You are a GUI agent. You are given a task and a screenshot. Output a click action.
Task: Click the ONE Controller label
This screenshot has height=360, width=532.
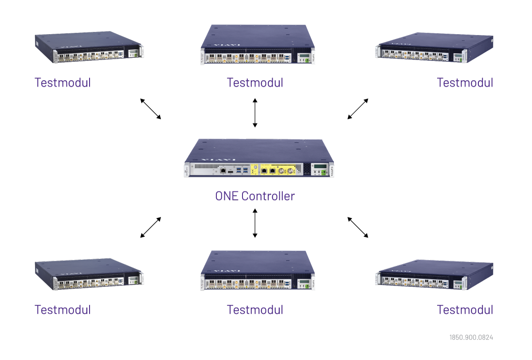[255, 196]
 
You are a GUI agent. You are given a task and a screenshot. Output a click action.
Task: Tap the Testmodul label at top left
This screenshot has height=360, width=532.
[63, 82]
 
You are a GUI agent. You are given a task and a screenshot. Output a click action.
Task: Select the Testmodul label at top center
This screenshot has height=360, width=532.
[255, 82]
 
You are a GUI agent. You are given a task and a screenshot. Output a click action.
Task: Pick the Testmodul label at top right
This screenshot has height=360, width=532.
[465, 82]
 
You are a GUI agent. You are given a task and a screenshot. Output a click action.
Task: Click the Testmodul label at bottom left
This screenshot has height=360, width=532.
[63, 309]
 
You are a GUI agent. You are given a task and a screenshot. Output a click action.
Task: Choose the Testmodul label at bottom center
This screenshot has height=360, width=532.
[255, 309]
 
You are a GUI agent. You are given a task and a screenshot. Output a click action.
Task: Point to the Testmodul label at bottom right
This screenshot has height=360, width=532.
[465, 309]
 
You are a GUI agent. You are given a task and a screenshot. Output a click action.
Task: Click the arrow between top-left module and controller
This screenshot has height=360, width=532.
[151, 109]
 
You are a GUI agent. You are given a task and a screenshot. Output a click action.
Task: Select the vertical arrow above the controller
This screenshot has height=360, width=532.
[255, 113]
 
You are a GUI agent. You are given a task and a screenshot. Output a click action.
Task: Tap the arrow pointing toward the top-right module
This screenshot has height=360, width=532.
[358, 109]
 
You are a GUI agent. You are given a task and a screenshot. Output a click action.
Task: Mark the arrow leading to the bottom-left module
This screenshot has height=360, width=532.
[151, 227]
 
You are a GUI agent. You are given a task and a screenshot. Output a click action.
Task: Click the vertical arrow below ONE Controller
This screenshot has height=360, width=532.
[255, 223]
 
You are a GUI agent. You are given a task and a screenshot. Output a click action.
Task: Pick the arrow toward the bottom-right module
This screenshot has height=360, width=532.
[358, 227]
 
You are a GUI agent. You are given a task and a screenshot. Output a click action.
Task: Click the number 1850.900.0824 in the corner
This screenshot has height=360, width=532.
[471, 337]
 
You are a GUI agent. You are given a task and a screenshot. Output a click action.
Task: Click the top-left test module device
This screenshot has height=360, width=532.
[89, 47]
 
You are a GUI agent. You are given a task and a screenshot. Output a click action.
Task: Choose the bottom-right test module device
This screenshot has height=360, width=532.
[434, 275]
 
